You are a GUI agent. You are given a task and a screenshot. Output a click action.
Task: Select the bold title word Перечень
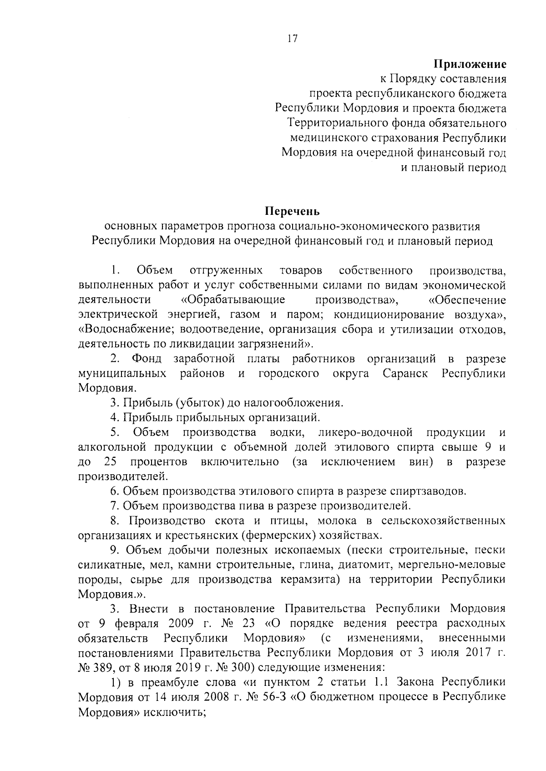tap(293, 212)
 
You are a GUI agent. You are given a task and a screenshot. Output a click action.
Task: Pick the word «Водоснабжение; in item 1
tap(125, 329)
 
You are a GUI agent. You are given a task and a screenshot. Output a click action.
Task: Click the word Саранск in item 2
tap(405, 374)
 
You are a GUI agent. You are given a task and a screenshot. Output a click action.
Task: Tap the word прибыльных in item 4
tap(197, 417)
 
